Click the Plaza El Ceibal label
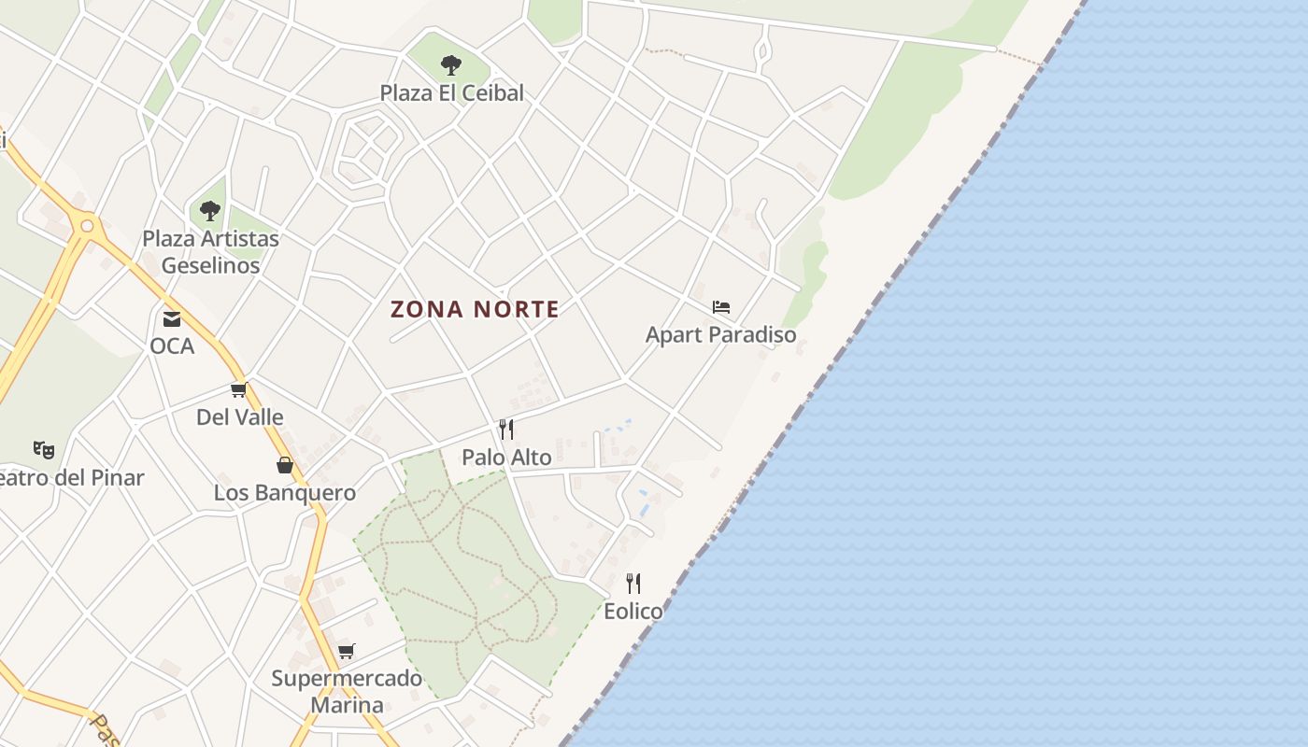click(451, 93)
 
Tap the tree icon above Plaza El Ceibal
click(451, 65)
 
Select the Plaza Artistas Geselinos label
click(210, 252)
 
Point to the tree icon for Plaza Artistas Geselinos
click(210, 211)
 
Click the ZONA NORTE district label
click(475, 309)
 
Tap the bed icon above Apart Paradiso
click(720, 307)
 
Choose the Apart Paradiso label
click(720, 334)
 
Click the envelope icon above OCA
click(172, 319)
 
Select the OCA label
click(172, 346)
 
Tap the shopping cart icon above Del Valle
click(239, 390)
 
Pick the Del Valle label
click(239, 417)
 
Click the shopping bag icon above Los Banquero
click(285, 465)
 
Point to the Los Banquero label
click(285, 493)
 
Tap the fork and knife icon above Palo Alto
click(506, 430)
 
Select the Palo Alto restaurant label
click(506, 458)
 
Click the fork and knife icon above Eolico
click(633, 584)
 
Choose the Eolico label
click(633, 612)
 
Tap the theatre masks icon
click(44, 450)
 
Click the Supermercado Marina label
click(347, 691)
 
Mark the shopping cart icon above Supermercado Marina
click(347, 651)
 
